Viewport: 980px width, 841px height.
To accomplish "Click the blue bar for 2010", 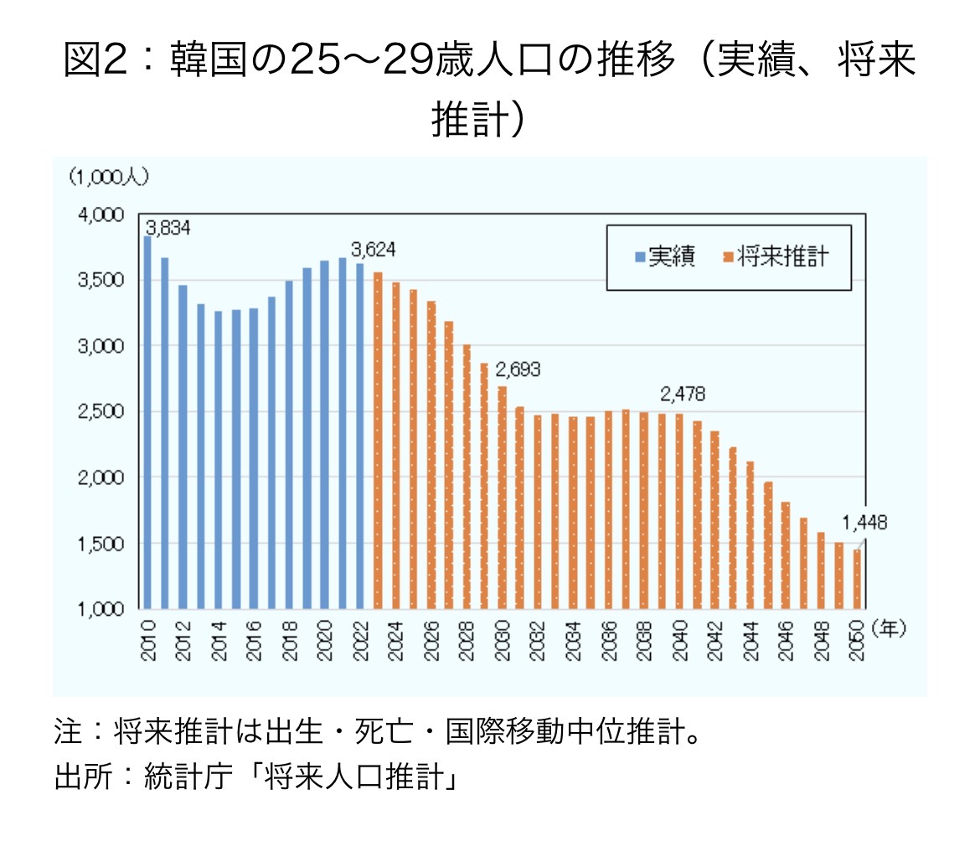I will tap(147, 422).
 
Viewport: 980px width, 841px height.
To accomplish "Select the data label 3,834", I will tap(168, 227).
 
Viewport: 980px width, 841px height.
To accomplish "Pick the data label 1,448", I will tap(864, 524).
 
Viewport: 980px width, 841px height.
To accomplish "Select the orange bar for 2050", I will tap(857, 579).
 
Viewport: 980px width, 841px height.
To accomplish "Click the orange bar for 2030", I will tap(503, 498).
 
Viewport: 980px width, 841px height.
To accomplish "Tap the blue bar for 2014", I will tap(219, 460).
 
